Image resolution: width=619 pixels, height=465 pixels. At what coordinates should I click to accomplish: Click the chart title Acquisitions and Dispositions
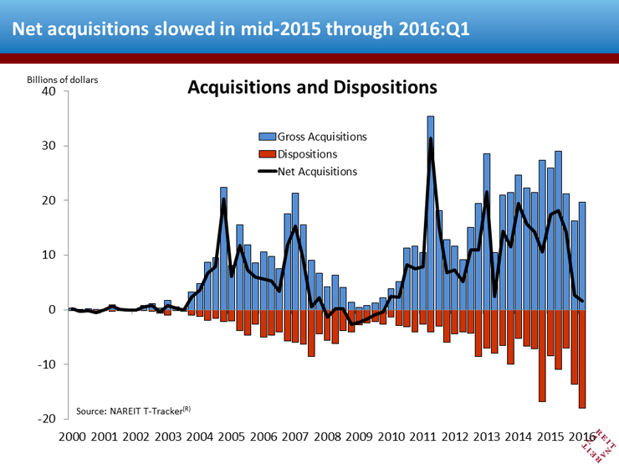(311, 87)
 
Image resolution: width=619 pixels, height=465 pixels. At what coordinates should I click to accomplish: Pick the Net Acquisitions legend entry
(311, 171)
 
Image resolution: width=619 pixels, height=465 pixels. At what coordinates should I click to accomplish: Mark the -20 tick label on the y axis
(47, 418)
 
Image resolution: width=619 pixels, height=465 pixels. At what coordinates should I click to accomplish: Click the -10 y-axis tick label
(47, 364)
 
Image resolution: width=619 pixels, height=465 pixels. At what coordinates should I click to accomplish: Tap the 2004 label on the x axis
(199, 437)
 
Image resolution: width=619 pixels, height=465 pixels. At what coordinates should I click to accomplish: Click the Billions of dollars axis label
(62, 80)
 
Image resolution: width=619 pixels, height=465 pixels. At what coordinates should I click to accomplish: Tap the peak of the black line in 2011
(431, 139)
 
